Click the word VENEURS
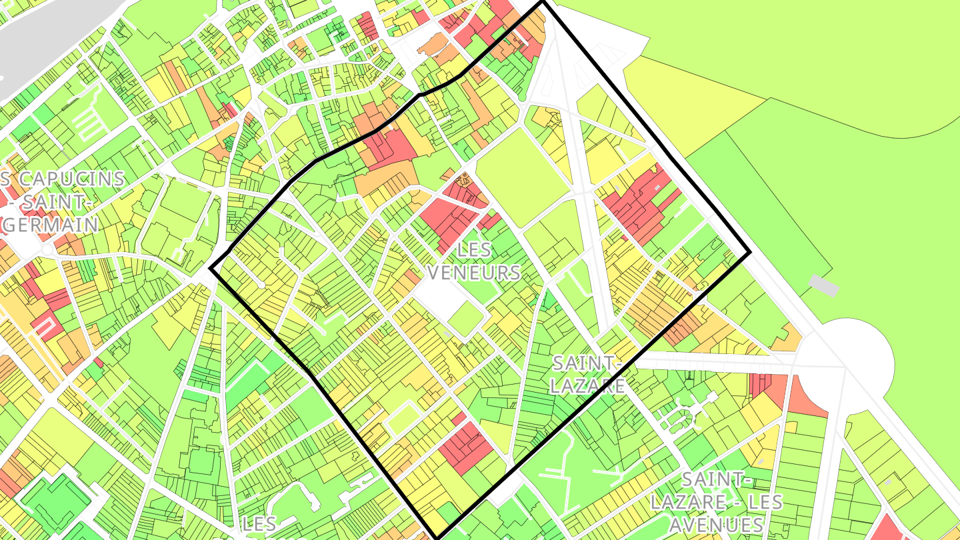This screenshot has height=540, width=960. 473,272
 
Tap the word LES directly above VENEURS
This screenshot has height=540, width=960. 474,251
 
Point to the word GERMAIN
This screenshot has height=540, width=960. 51,224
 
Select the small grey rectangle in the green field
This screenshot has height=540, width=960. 823,285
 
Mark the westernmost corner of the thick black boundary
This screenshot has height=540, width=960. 211,268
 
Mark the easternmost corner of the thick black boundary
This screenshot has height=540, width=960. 750,253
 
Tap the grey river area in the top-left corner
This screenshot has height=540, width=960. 40,40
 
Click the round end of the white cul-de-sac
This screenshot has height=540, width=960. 262,285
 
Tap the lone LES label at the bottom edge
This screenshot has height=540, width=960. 260,524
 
